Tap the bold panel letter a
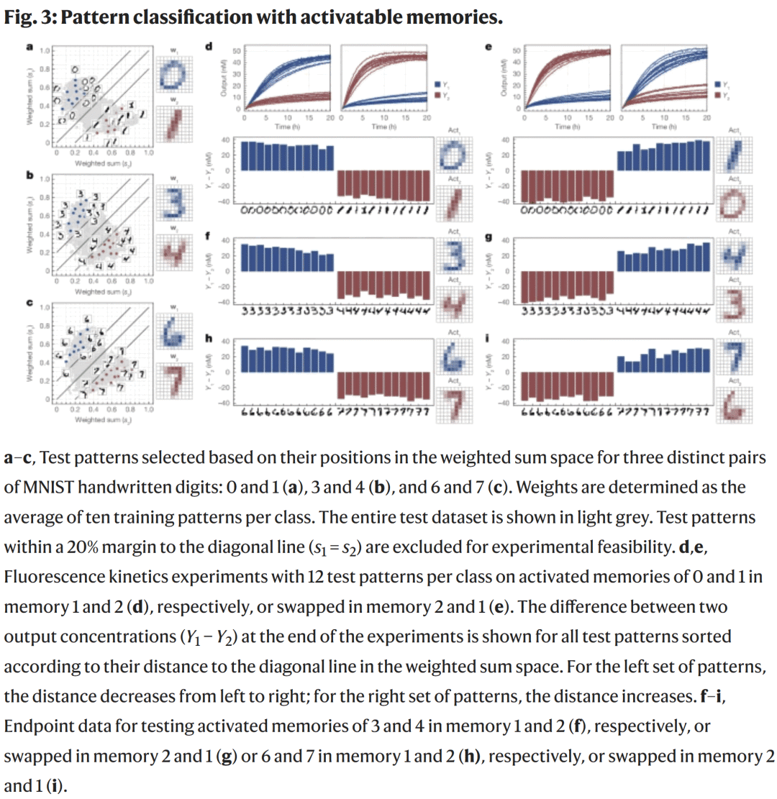[x=29, y=47]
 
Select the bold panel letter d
[x=209, y=47]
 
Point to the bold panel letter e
[x=489, y=47]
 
